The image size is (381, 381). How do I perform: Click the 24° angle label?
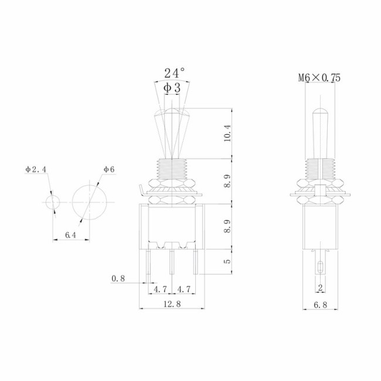click(174, 73)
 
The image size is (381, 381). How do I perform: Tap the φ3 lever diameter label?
click(172, 87)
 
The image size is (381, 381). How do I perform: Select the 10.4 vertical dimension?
click(228, 133)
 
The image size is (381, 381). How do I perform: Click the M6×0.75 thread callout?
click(319, 77)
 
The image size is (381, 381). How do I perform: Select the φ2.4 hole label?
click(35, 169)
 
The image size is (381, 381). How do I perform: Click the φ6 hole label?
click(108, 169)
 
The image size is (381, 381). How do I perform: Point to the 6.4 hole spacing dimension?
click(71, 234)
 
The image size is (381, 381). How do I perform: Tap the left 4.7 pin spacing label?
click(159, 289)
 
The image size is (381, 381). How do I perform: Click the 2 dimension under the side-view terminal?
click(320, 287)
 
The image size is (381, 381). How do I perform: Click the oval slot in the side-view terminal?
click(320, 268)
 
